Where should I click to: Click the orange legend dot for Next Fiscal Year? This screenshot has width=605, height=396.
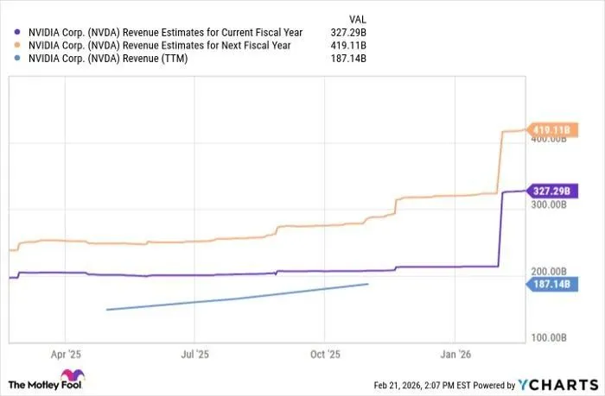[17, 46]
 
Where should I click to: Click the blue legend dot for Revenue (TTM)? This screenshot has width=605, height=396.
[17, 59]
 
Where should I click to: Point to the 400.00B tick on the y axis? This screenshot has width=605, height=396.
[550, 141]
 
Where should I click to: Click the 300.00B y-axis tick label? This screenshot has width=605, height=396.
[550, 206]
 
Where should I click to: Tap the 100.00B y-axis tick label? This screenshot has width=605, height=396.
[550, 337]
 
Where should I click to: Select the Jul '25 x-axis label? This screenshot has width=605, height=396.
[194, 354]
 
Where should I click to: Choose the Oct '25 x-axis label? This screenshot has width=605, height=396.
[325, 354]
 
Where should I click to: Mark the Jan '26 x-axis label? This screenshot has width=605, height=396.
[455, 354]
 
